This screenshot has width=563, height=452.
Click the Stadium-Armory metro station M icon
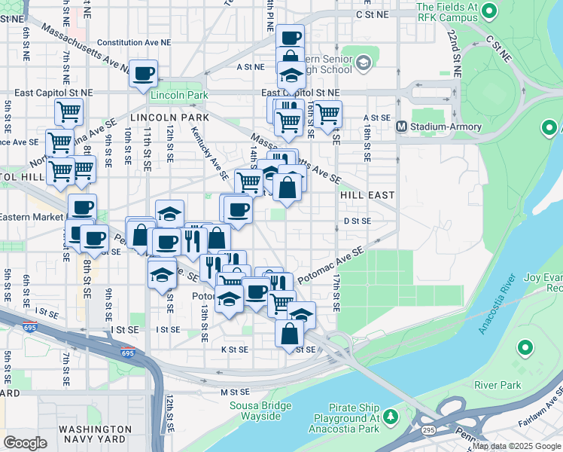402,127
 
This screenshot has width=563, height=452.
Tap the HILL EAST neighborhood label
367,194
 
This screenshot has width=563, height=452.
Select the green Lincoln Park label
179,96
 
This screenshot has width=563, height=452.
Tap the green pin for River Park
525,348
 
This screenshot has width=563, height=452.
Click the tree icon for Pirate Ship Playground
391,416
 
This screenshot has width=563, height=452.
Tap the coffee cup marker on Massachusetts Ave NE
143,74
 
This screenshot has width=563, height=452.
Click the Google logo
26,442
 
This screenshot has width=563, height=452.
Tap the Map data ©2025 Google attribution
516,446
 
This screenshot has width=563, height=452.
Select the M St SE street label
234,392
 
